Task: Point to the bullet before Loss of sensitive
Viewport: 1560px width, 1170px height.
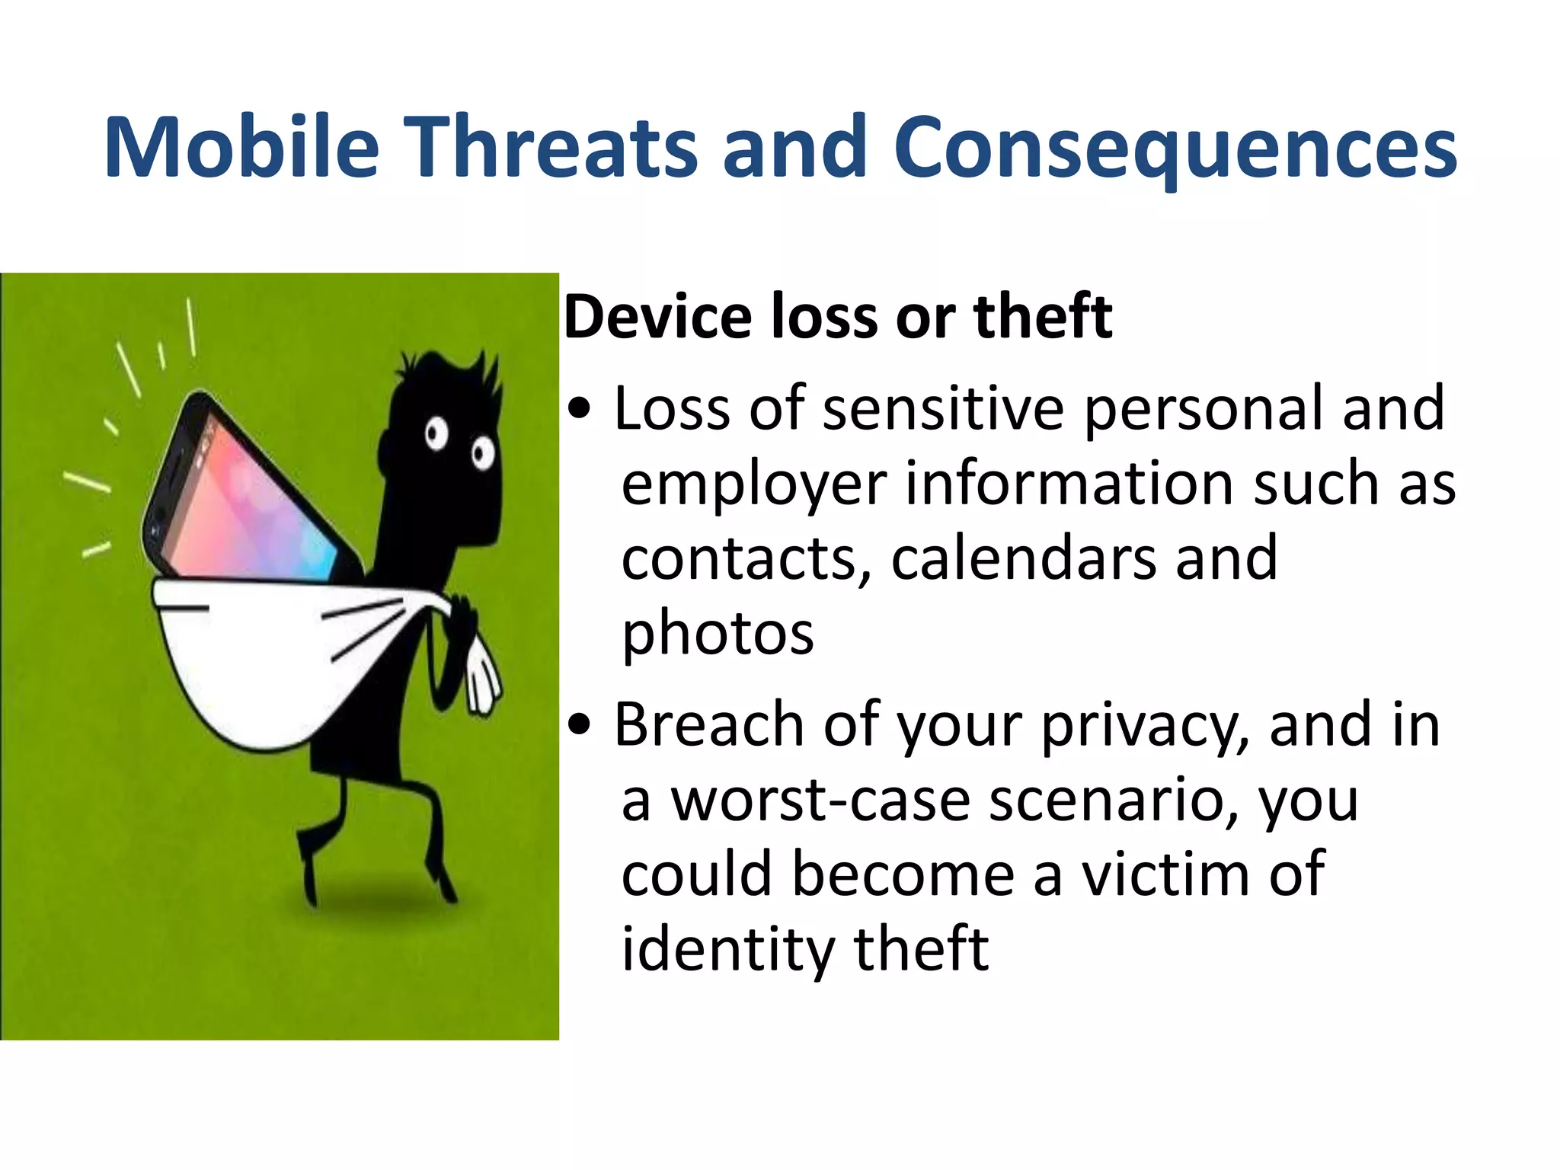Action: (580, 410)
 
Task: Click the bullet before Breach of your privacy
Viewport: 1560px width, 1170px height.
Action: (580, 726)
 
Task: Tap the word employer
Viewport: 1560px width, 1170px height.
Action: (754, 485)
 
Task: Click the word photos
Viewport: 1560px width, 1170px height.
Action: (718, 633)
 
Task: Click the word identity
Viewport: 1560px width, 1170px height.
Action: (727, 949)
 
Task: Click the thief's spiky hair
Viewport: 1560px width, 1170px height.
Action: (449, 366)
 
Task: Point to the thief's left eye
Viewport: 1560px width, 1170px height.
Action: (436, 435)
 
